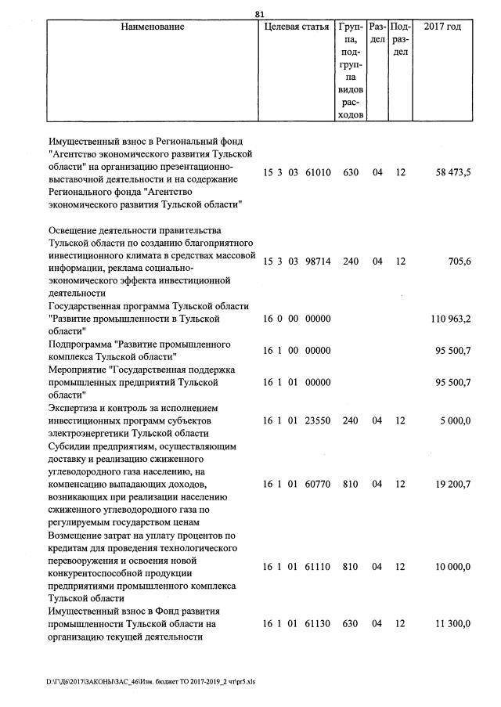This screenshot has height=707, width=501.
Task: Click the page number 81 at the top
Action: pyautogui.click(x=261, y=13)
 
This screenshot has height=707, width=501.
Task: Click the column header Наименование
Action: pyautogui.click(x=153, y=27)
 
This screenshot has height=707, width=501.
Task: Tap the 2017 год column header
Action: pyautogui.click(x=442, y=27)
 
